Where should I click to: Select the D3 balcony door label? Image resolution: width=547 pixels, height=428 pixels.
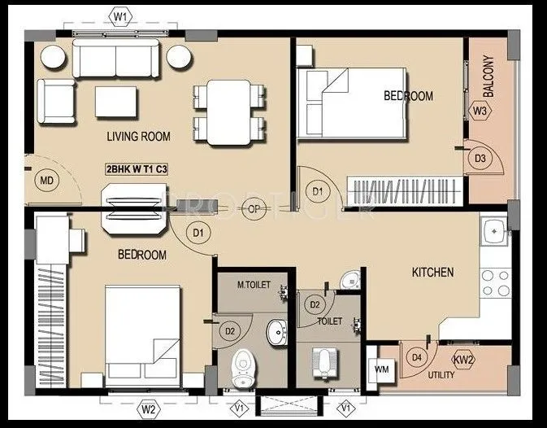point(480,158)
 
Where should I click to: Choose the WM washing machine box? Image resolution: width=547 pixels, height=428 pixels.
point(380,369)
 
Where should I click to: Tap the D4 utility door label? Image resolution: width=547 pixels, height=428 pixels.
point(418,356)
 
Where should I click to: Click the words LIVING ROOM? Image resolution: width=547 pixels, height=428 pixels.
point(139,136)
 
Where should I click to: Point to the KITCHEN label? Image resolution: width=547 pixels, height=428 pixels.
point(432,272)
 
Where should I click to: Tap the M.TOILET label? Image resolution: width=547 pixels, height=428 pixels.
point(253,285)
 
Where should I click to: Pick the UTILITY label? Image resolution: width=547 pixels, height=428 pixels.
point(441,376)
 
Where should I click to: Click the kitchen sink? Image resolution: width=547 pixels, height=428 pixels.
point(493,234)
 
